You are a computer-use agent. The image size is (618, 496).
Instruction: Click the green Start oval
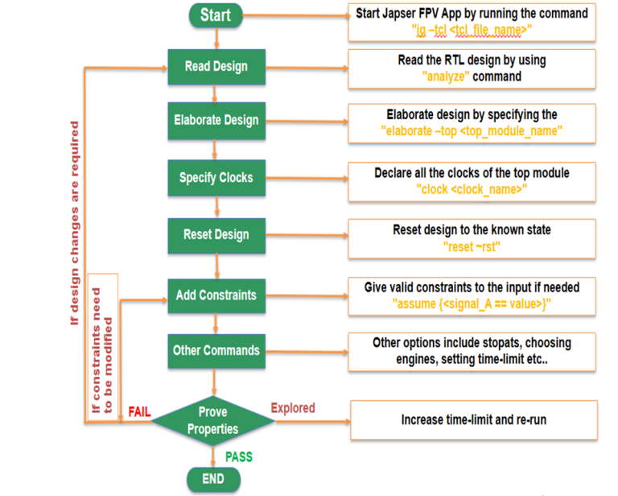pyautogui.click(x=215, y=15)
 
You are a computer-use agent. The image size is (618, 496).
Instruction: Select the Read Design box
pyautogui.click(x=215, y=67)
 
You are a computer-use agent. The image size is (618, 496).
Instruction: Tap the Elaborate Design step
pyautogui.click(x=216, y=120)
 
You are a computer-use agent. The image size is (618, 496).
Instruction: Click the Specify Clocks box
pyautogui.click(x=215, y=178)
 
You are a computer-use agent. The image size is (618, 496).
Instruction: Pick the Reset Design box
pyautogui.click(x=216, y=234)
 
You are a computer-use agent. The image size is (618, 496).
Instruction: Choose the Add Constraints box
pyautogui.click(x=216, y=296)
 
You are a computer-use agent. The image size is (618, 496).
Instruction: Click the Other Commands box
pyautogui.click(x=216, y=350)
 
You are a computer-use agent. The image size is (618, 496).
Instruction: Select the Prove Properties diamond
pyautogui.click(x=213, y=420)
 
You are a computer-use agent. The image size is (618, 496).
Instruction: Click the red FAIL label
pyautogui.click(x=139, y=412)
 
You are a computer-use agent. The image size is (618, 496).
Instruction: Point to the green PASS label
pyautogui.click(x=239, y=457)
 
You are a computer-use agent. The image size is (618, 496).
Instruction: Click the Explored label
pyautogui.click(x=293, y=408)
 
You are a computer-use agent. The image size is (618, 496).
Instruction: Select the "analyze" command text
pyautogui.click(x=444, y=76)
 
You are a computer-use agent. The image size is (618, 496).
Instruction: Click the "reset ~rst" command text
pyautogui.click(x=472, y=247)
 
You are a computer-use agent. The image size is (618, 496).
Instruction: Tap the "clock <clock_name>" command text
pyautogui.click(x=472, y=189)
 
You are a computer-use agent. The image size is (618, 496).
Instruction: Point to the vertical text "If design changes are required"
pyautogui.click(x=75, y=223)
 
